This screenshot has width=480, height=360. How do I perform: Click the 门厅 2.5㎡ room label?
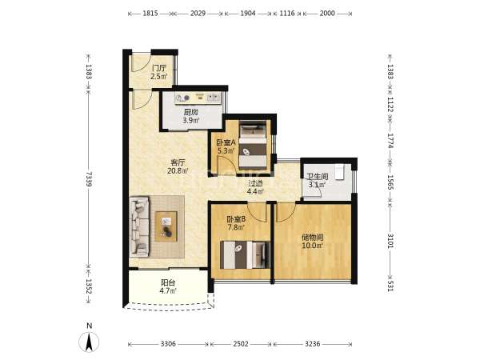[x=159, y=72]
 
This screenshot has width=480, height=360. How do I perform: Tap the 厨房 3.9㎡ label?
[x=191, y=116]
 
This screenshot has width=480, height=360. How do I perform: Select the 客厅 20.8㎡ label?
[x=178, y=166]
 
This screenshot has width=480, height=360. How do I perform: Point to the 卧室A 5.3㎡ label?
[x=226, y=146]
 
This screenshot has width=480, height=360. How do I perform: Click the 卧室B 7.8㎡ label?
[x=236, y=223]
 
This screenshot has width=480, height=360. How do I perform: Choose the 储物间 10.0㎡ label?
[x=313, y=242]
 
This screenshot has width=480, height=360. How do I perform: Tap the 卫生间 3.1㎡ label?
[x=318, y=181]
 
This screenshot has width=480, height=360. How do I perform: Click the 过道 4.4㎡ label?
[x=255, y=187]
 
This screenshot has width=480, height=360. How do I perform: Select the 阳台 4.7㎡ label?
[x=168, y=286]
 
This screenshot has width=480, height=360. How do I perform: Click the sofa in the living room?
[x=139, y=227]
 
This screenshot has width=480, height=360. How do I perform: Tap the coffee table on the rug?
[x=166, y=226]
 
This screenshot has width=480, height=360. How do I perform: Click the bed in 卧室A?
[x=253, y=146]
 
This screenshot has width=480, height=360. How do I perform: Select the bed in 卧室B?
[x=245, y=255]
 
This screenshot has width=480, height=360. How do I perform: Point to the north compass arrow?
[x=89, y=342]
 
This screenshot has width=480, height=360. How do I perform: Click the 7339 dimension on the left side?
[x=89, y=178]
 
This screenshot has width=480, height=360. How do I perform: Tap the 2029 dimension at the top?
[x=198, y=14]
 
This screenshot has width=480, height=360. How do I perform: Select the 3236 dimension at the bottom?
[x=312, y=344]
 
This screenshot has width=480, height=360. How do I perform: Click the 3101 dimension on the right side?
[x=390, y=241]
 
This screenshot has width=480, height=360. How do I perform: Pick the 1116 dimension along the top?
[x=287, y=14]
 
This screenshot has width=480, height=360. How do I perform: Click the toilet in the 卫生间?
[x=339, y=172]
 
